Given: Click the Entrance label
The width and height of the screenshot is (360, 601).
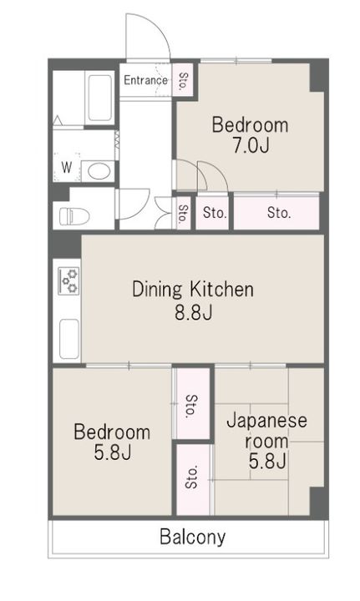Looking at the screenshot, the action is [x=145, y=80].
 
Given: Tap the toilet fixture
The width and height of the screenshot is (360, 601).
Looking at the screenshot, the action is [x=74, y=216].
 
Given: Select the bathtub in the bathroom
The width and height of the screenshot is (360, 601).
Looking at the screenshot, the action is [x=99, y=98].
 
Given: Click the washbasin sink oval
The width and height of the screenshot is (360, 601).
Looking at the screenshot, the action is [x=99, y=171].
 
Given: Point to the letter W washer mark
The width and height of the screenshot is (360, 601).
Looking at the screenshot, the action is [x=67, y=167].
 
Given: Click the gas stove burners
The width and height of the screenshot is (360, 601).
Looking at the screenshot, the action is [x=68, y=281].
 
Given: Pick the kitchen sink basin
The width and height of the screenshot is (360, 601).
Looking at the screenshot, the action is [x=69, y=339].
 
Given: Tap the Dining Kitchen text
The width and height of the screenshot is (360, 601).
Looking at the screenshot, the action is [x=193, y=290].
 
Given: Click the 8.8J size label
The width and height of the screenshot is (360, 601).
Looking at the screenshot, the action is [x=194, y=313].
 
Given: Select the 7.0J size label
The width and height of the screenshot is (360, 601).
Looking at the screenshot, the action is [x=251, y=145].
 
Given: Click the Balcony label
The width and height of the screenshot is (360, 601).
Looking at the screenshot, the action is [x=192, y=537].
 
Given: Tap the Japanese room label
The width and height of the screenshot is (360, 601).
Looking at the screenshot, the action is [x=266, y=431].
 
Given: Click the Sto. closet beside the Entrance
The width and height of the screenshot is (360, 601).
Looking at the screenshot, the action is [x=183, y=80].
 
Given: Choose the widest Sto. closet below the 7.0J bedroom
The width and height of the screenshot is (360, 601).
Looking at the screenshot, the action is [x=276, y=213].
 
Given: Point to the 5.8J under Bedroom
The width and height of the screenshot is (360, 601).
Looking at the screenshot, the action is [x=113, y=452].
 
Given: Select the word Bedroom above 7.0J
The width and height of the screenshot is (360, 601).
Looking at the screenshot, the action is [x=250, y=126].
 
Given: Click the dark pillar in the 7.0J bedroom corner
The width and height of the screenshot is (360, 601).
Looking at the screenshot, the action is [x=317, y=77].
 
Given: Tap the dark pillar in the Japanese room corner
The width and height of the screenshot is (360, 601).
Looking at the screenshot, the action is [x=317, y=502].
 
